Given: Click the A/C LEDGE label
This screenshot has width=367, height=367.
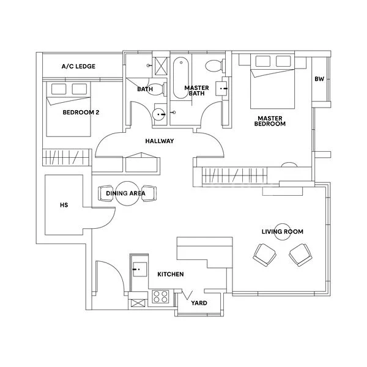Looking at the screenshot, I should (x=78, y=66).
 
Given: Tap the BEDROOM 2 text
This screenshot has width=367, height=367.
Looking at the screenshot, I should (x=81, y=113).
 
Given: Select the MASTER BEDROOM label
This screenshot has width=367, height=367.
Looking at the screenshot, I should (x=271, y=121).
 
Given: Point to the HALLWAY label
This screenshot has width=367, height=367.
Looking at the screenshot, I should (x=160, y=141).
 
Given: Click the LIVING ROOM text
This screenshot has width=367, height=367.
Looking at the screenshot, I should (x=282, y=232).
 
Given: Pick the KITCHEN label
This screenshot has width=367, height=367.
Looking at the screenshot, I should (x=171, y=275).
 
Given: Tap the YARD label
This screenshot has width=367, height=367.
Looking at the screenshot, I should (x=199, y=303).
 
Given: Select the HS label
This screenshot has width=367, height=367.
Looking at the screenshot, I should (x=63, y=206).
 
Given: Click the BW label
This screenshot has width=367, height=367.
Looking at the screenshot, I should (x=319, y=79).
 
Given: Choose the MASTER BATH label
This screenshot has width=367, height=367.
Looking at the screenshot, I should (x=197, y=91).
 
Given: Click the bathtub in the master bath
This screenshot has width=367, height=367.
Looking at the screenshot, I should (x=181, y=78).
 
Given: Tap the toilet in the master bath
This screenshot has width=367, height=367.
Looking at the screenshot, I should (x=215, y=66).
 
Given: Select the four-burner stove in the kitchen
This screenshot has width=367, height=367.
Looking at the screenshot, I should (x=160, y=297).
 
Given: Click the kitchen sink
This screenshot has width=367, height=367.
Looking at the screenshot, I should (x=139, y=267).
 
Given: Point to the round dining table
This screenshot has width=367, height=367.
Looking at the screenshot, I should (x=129, y=194).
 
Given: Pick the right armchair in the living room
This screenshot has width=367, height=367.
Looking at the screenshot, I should (x=300, y=254).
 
